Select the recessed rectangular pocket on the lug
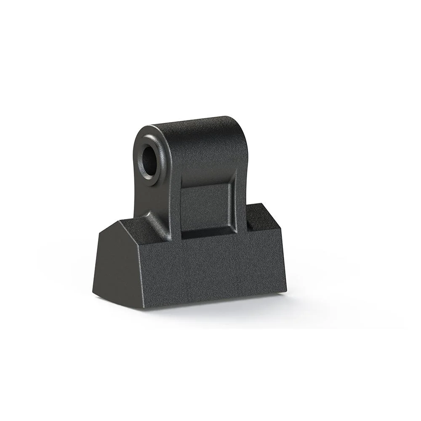pos(205,208)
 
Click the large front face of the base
pos(210,269)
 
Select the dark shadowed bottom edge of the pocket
pos(206,234)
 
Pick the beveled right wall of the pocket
pos(231,206)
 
